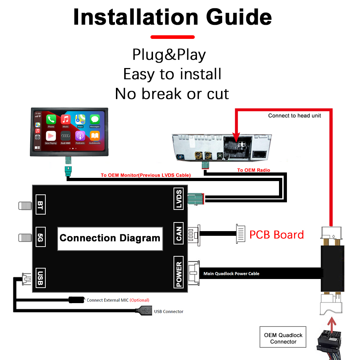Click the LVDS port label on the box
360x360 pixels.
tap(179, 199)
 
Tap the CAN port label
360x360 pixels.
tap(179, 234)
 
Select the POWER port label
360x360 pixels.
tap(179, 272)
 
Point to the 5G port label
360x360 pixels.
tap(40, 238)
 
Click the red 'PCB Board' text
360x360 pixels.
tap(276, 235)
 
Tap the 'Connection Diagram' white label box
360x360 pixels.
tap(110, 238)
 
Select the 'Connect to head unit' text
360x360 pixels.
tap(294, 116)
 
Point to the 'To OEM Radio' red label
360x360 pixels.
tap(253, 170)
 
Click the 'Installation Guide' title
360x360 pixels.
tap(172, 17)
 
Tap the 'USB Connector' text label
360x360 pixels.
tap(168, 311)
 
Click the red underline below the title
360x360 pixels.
tap(172, 37)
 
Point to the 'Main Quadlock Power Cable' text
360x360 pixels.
tap(231, 274)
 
